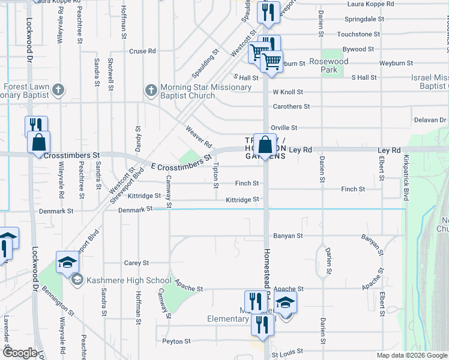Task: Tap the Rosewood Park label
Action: tap(328, 65)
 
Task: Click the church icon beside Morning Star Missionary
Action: tap(151, 91)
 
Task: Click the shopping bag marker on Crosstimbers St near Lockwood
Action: tap(38, 143)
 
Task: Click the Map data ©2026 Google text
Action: tap(411, 355)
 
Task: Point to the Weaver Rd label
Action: tap(199, 137)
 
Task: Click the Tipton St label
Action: tap(215, 174)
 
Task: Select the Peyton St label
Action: tap(176, 341)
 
